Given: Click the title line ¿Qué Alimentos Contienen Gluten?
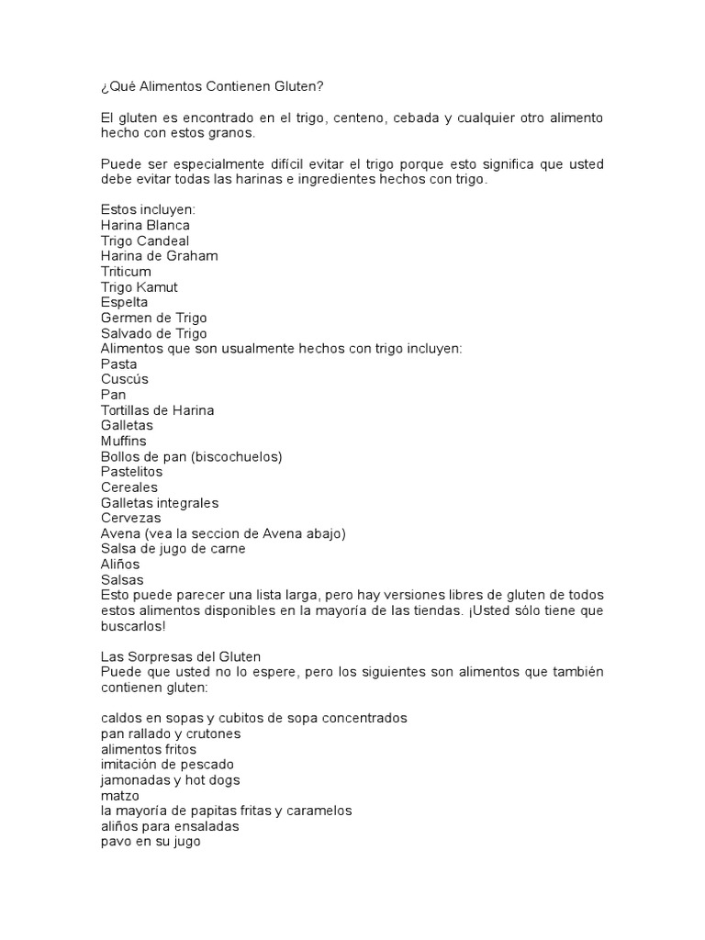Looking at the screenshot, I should (x=212, y=86).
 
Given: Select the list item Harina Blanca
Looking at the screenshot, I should (x=145, y=225).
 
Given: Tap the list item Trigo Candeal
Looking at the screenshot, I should (x=145, y=241).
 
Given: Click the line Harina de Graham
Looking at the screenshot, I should (x=159, y=256).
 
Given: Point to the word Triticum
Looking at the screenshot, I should (x=126, y=272).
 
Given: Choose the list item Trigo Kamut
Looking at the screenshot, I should (x=139, y=287).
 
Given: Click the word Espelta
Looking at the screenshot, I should (x=124, y=302).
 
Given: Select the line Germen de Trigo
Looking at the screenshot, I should (x=153, y=318).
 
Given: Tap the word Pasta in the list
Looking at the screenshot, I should (x=118, y=364).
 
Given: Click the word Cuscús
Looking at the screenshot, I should (x=124, y=379).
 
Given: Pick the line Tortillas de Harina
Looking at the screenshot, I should (x=157, y=410).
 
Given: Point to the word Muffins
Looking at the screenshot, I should (x=123, y=442).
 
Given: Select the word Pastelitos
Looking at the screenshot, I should (x=131, y=472).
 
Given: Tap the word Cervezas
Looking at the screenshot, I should (x=130, y=519).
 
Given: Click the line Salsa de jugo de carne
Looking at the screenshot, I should (x=173, y=549).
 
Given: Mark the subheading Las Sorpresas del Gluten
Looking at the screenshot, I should (x=181, y=657).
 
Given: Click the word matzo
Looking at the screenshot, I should (x=119, y=796).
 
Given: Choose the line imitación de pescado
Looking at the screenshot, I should (x=167, y=765).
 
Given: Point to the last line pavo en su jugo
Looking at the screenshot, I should (x=150, y=842).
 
